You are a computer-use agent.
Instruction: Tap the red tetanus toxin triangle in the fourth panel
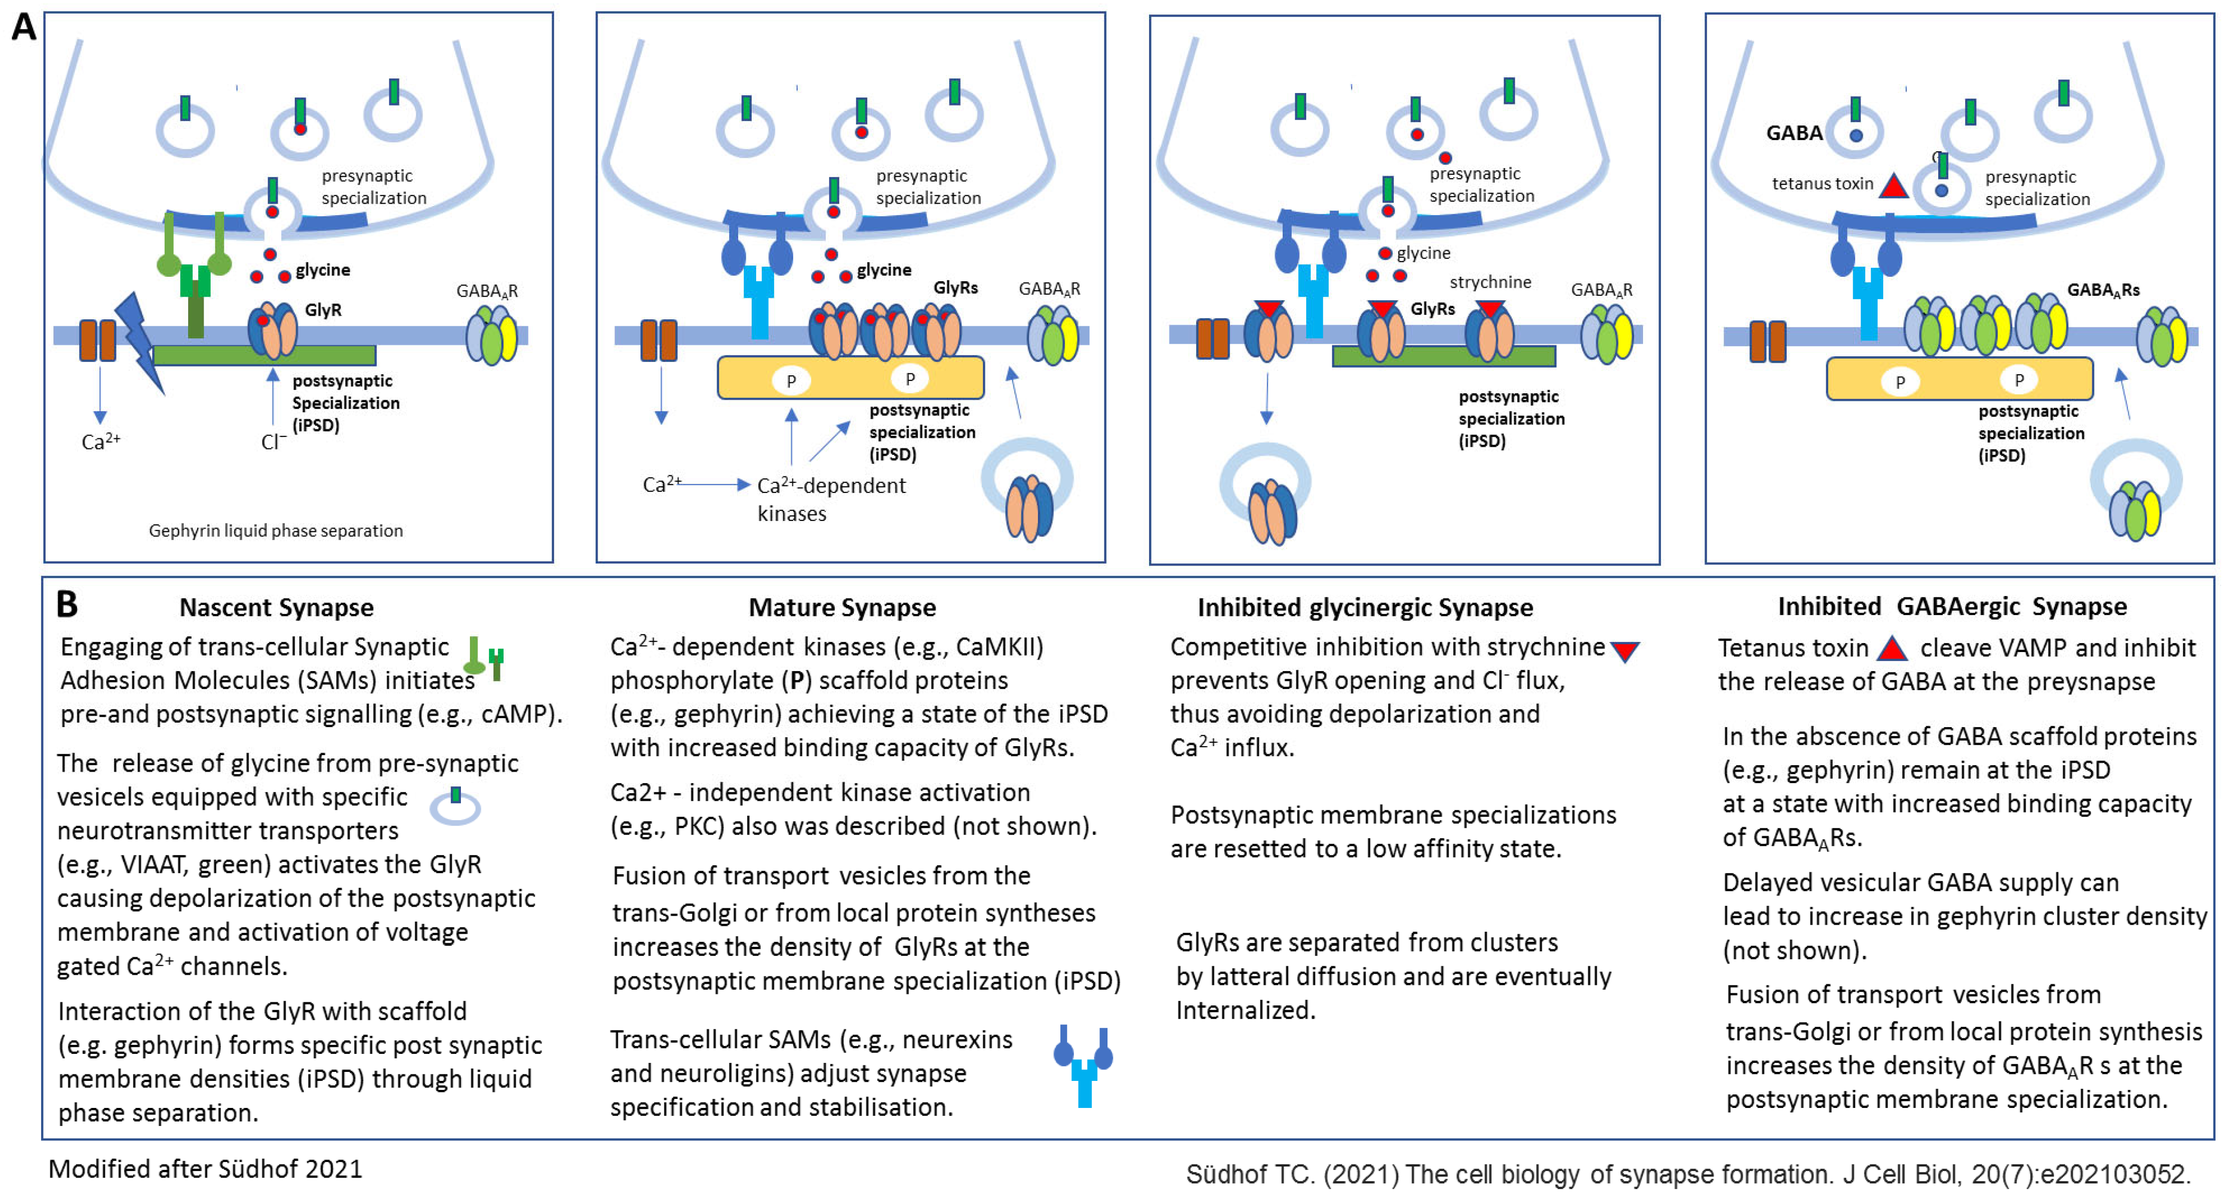[1893, 187]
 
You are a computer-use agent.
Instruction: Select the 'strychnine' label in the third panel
[1490, 282]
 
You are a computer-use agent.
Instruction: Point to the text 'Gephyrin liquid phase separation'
[276, 530]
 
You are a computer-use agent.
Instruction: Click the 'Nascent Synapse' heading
[276, 608]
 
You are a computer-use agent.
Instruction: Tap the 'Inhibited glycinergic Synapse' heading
[1365, 608]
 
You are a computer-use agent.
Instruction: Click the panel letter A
[24, 27]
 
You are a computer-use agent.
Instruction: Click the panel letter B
[67, 604]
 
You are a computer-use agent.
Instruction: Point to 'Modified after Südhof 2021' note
[205, 1169]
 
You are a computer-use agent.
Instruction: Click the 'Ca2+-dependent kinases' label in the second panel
[830, 498]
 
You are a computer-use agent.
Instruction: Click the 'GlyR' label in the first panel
[323, 309]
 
